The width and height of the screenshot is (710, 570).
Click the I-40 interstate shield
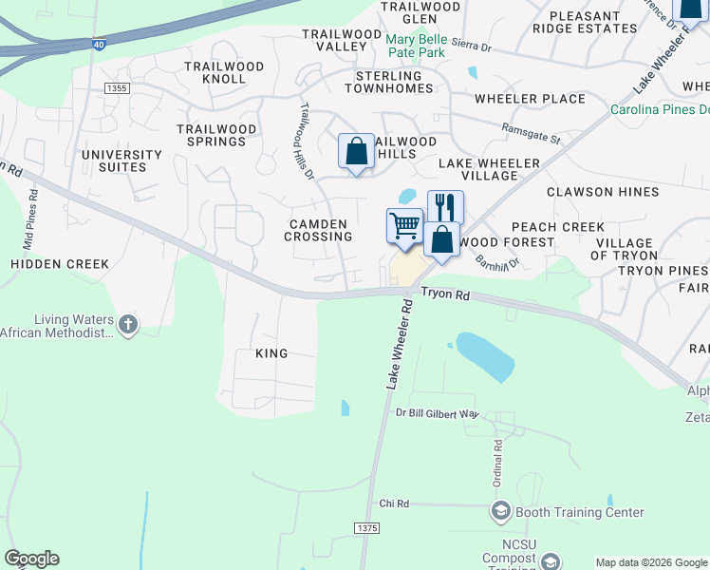coord(101,44)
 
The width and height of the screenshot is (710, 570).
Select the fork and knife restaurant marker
coord(445,207)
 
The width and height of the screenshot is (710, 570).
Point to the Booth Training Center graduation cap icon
coord(500,512)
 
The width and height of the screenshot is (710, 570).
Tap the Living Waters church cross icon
coord(127,326)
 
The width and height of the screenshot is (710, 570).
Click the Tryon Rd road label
coord(445,295)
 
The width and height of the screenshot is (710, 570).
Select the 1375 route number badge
coord(365,527)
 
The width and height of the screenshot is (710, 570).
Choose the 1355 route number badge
coord(117,87)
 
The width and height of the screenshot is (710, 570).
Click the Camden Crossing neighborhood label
coord(321,230)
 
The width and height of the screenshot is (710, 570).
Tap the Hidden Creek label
coord(60,263)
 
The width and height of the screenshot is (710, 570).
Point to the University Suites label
coord(121,161)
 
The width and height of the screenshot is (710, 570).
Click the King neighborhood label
coord(271,352)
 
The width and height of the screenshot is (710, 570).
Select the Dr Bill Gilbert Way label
coord(438,413)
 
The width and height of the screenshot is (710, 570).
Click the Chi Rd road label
coord(393,503)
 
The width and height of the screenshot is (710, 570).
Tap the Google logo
coord(31,559)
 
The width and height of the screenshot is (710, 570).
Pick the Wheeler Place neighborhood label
coord(530,99)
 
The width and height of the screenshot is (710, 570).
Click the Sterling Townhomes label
coord(394,82)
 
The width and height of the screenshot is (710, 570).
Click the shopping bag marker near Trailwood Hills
coord(356,152)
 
